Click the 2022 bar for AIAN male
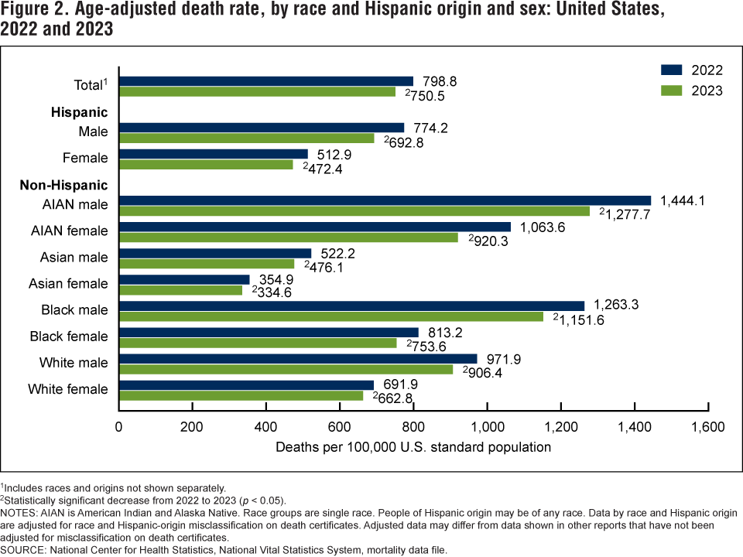385,200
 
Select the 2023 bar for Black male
331,316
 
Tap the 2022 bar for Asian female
184,279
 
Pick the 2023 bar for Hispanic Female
206,164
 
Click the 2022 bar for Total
266,81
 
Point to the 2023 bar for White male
286,369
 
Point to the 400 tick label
265,426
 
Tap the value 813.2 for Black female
446,332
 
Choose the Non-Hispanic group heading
74,185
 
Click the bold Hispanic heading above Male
79,112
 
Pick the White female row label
68,389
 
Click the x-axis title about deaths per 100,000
413,446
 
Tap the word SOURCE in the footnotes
25,549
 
